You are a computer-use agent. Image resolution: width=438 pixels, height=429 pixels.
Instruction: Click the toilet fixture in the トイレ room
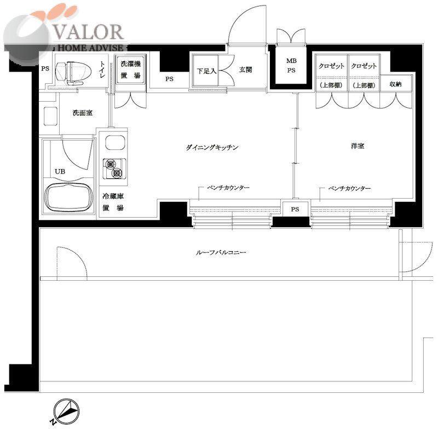pyautogui.click(x=73, y=72)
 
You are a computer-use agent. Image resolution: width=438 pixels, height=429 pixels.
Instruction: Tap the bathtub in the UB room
pyautogui.click(x=69, y=198)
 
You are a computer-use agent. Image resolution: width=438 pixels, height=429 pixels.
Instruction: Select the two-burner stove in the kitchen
pyautogui.click(x=114, y=169)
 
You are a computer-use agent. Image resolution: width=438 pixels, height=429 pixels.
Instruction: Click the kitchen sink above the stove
pyautogui.click(x=115, y=143)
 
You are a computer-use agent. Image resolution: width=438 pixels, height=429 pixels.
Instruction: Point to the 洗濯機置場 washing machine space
pyautogui.click(x=131, y=69)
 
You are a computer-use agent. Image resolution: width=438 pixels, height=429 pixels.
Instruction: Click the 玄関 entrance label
pyautogui.click(x=245, y=69)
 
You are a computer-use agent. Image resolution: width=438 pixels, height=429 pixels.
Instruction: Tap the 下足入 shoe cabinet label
pyautogui.click(x=206, y=71)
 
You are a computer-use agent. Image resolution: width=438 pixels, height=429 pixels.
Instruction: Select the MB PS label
pyautogui.click(x=291, y=66)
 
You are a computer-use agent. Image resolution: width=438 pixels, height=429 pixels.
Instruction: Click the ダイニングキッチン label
pyautogui.click(x=212, y=147)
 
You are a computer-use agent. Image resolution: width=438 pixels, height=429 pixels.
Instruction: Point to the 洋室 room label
pyautogui.click(x=358, y=146)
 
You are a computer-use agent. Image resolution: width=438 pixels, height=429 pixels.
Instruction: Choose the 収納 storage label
pyautogui.click(x=395, y=84)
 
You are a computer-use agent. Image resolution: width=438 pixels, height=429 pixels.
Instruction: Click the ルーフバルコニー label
pyautogui.click(x=221, y=253)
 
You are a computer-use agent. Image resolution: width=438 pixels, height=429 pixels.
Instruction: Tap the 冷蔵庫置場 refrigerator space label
pyautogui.click(x=113, y=202)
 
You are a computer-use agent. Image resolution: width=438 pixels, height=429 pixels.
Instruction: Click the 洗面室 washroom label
pyautogui.click(x=83, y=113)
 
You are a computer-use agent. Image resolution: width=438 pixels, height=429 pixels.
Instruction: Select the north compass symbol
pyautogui.click(x=66, y=410)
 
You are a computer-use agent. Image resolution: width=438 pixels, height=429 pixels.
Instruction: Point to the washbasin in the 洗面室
pyautogui.click(x=51, y=117)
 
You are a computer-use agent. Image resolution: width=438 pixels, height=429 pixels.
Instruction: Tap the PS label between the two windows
pyautogui.click(x=295, y=209)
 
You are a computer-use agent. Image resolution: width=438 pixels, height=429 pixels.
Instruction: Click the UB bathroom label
pyautogui.click(x=60, y=171)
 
